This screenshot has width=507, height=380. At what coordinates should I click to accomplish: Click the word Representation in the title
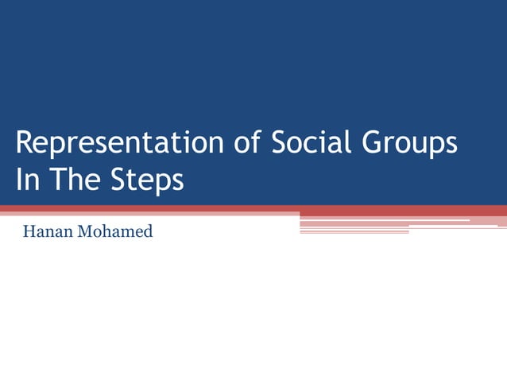(119, 144)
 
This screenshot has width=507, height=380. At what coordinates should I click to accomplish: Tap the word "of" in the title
(248, 144)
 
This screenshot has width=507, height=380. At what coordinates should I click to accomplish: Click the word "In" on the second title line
(28, 180)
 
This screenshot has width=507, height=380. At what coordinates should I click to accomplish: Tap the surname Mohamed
(115, 233)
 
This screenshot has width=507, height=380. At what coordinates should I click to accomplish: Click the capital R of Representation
(25, 144)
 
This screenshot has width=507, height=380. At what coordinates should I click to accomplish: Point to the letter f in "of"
(257, 143)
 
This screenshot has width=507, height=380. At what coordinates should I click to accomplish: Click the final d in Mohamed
(148, 233)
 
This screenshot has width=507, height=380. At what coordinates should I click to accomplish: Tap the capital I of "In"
(19, 180)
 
